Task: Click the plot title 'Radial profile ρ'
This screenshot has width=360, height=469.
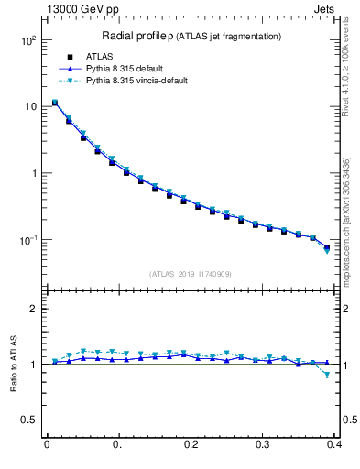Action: (141, 36)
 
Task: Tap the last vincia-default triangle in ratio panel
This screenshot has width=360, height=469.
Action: (327, 375)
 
